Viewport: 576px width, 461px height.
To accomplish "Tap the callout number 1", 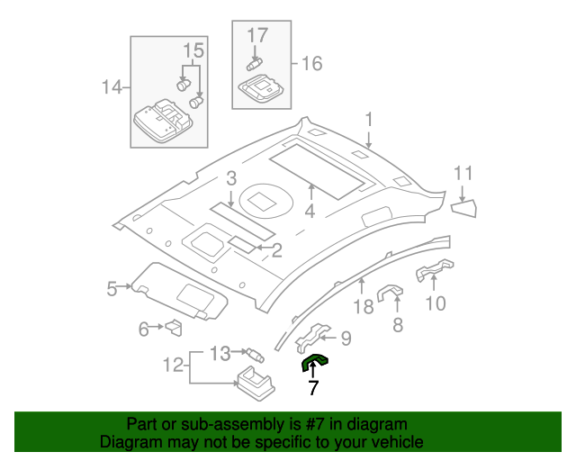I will point(368,120).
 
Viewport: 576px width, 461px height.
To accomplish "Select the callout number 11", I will point(463,173).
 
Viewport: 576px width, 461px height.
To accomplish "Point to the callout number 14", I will point(112,87).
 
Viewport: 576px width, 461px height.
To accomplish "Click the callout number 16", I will point(311,63).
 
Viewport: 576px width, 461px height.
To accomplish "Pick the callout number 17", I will point(258,36).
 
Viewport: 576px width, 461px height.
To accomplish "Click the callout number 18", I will point(363,308).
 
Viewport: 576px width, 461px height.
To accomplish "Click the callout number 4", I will point(310,212).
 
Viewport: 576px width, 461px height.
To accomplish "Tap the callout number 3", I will point(231,178).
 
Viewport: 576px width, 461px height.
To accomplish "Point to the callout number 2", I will point(277,249).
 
